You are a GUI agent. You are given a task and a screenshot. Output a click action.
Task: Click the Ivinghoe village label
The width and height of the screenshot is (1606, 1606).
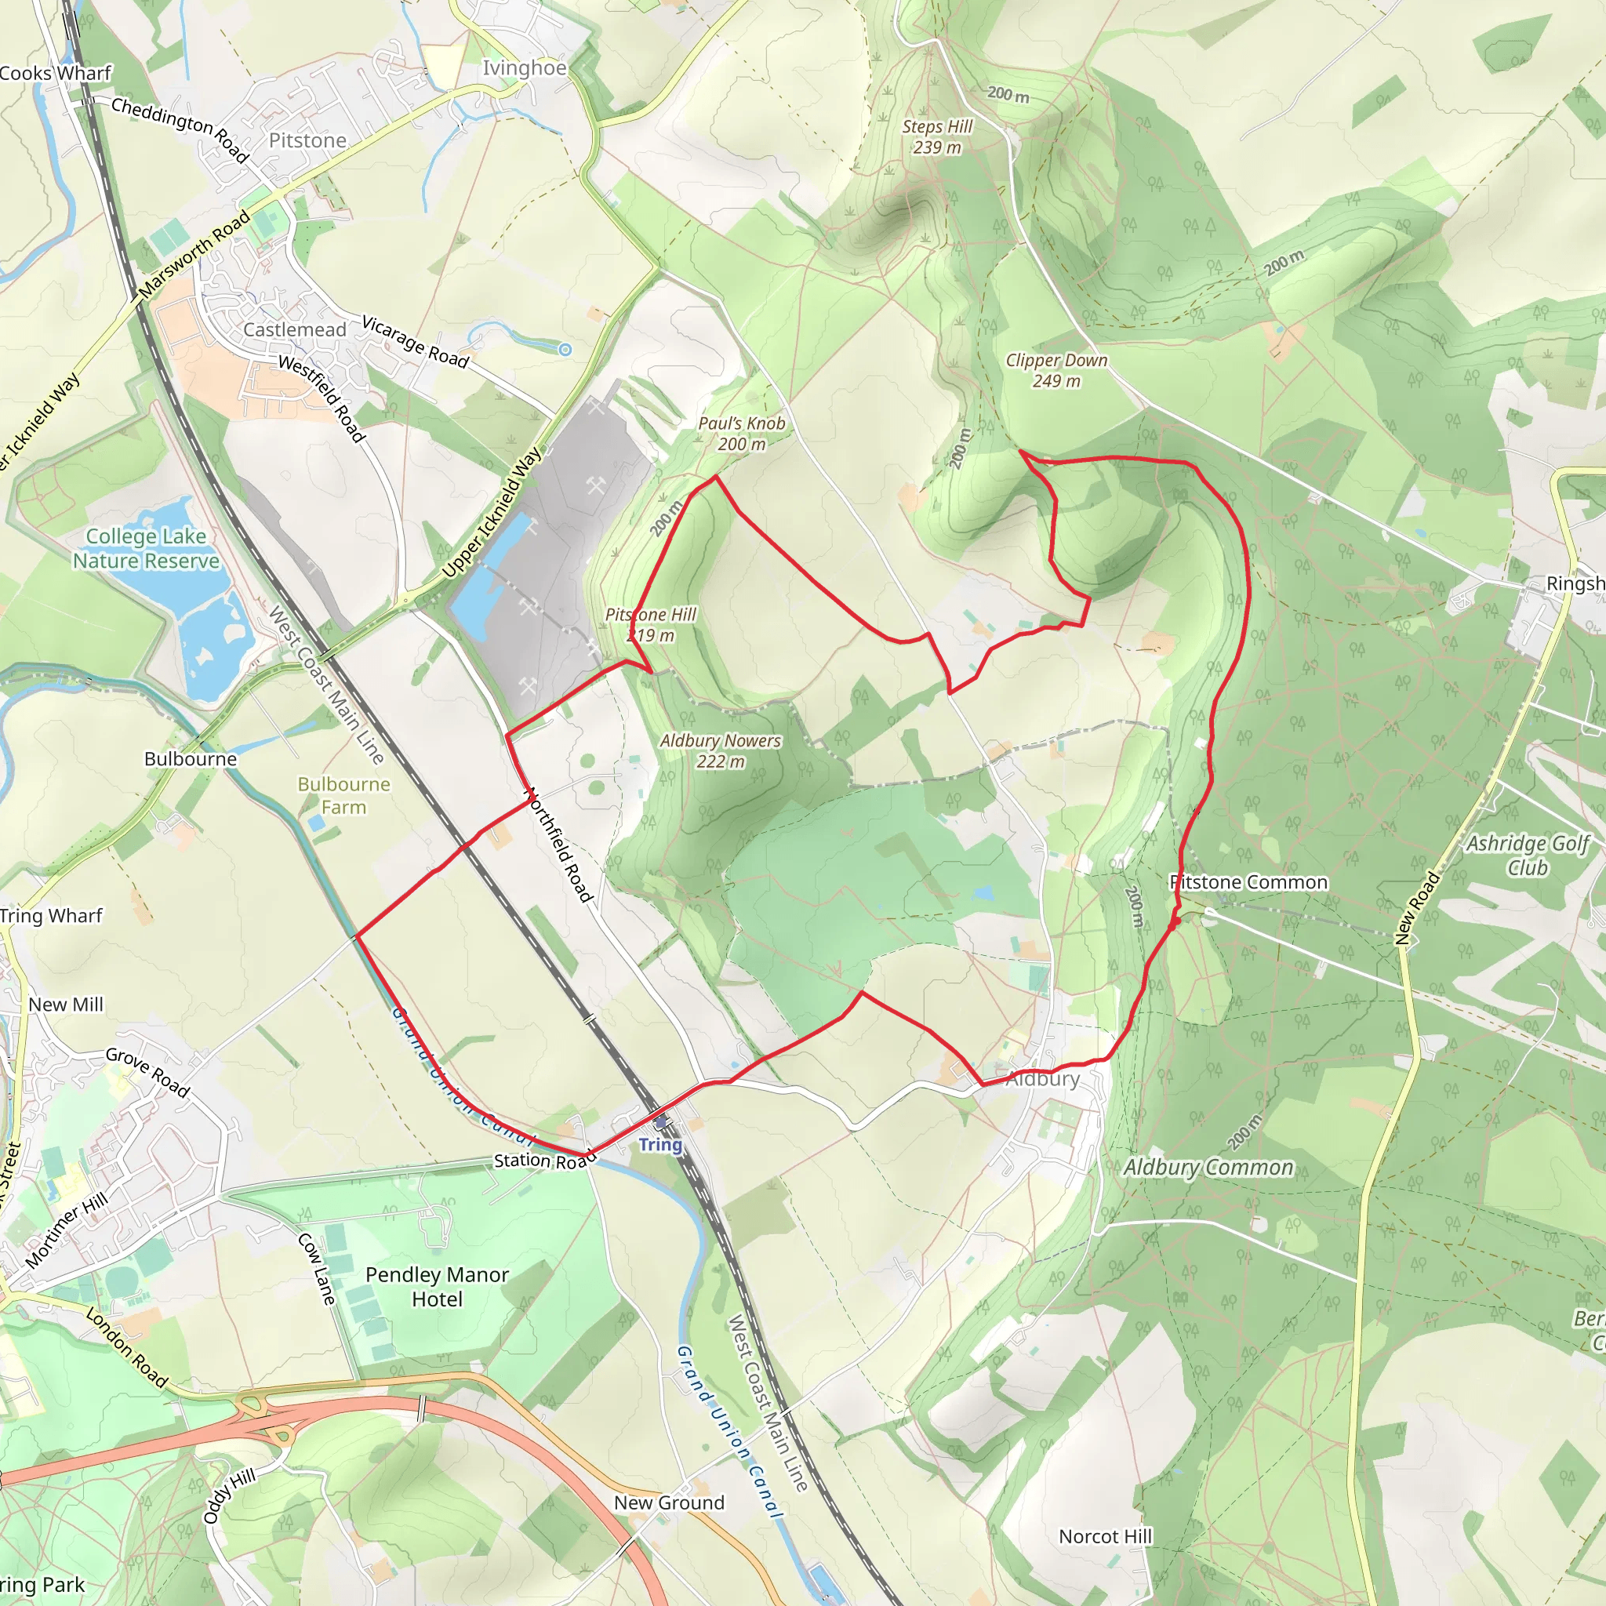point(525,68)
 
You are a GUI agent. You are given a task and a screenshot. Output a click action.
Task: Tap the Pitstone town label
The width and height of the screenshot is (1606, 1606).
point(307,140)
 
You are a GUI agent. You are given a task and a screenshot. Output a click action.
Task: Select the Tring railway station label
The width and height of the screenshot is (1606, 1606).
point(660,1145)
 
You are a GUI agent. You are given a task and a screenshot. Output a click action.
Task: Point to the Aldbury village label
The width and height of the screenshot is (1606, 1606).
point(1042,1079)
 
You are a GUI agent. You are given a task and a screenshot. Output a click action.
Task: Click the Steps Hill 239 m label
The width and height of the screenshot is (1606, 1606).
point(937,136)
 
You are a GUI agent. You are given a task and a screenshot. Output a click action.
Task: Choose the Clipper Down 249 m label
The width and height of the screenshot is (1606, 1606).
point(1056,371)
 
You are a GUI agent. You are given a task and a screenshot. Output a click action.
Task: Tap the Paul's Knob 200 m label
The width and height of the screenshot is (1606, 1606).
point(742,433)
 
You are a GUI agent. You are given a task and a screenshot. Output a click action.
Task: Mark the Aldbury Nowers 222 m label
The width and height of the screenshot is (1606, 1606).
point(720,750)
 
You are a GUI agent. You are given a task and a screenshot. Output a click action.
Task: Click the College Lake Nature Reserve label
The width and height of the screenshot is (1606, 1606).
point(147,549)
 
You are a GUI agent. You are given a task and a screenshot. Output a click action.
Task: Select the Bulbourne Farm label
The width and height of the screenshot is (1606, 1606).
point(343,795)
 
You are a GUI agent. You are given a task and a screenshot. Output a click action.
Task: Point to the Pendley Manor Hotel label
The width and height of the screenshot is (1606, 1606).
point(438,1287)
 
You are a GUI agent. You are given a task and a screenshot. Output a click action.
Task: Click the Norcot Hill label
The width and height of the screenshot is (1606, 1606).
point(1105,1536)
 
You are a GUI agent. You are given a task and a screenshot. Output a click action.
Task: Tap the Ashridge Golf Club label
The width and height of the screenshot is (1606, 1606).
point(1528,856)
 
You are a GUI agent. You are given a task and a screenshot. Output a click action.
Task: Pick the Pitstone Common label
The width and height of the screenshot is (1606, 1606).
point(1248,882)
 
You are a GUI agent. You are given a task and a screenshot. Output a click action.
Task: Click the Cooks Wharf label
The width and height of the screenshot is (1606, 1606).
point(55,73)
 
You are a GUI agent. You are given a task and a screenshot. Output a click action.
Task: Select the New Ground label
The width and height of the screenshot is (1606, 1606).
point(669,1502)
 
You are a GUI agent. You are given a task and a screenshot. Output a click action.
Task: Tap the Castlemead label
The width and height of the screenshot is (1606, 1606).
point(294,330)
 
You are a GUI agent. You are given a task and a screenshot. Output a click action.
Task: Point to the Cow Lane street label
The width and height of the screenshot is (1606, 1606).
point(317,1269)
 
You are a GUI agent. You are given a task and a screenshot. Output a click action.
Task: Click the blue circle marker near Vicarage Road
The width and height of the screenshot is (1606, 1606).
point(565,350)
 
